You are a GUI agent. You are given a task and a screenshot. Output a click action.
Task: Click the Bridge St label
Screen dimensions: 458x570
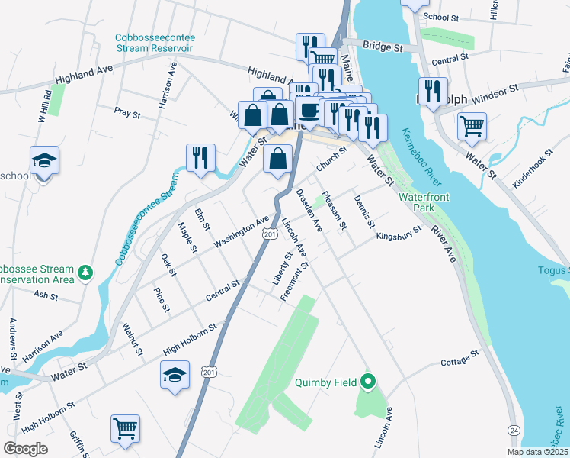383,47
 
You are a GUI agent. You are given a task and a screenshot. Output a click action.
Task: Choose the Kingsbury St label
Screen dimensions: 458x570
399,234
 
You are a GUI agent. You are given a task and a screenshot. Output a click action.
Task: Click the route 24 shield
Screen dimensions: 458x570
515,431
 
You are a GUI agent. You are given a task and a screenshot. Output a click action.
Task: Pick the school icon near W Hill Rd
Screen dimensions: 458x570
44,160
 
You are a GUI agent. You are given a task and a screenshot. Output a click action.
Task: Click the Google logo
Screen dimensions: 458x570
26,449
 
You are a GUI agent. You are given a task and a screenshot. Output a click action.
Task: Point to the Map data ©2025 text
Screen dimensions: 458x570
536,452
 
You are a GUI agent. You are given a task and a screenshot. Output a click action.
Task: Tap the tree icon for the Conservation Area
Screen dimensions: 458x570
87,272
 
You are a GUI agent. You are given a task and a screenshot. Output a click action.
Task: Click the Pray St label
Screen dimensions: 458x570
127,114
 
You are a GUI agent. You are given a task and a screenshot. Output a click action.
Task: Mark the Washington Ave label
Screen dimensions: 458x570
242,231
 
